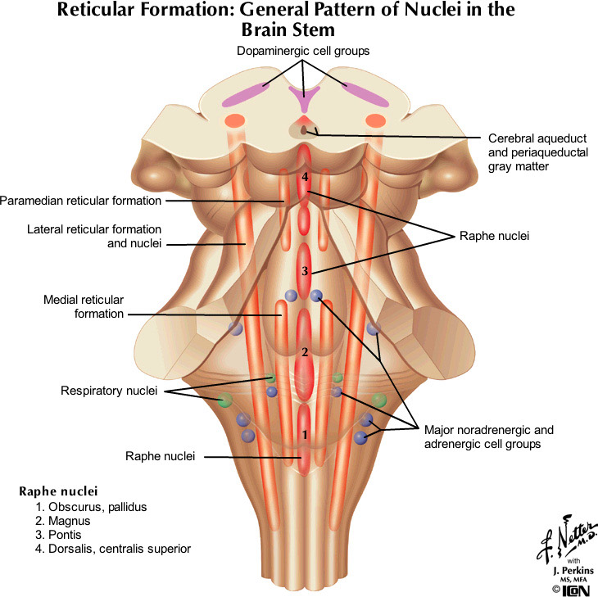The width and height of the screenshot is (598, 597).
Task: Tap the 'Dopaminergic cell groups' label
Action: (x=302, y=51)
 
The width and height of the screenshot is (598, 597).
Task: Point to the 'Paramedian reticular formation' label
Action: (x=81, y=200)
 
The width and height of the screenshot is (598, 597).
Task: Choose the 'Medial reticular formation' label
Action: (x=84, y=306)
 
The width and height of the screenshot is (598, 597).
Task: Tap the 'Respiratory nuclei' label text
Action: (x=108, y=391)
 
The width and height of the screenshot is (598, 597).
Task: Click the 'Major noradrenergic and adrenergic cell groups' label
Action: (x=488, y=436)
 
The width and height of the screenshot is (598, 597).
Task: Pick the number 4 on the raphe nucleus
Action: (x=305, y=177)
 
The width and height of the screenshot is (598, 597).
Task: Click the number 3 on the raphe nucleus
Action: (x=304, y=271)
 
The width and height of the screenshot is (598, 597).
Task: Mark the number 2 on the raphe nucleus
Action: (x=304, y=353)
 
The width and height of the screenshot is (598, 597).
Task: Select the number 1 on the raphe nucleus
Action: (x=305, y=434)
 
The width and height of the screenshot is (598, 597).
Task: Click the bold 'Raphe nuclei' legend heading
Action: (x=58, y=491)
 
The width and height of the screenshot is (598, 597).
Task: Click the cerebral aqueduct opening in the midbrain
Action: (x=305, y=129)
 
